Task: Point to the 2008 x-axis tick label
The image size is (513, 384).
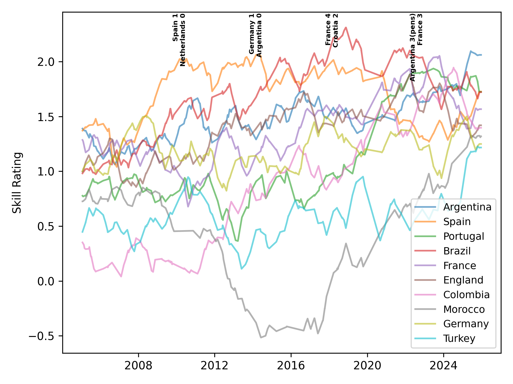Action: coord(138,366)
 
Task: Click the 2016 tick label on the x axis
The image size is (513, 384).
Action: coord(291,366)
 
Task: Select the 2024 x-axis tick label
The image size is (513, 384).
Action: coord(443,366)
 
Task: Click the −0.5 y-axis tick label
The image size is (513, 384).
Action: coord(43,336)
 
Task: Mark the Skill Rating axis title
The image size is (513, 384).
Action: coord(17,183)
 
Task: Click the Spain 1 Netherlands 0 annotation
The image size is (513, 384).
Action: coord(179,40)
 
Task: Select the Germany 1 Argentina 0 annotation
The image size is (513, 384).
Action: coord(255,35)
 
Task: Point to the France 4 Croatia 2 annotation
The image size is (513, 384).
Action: coord(332,30)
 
